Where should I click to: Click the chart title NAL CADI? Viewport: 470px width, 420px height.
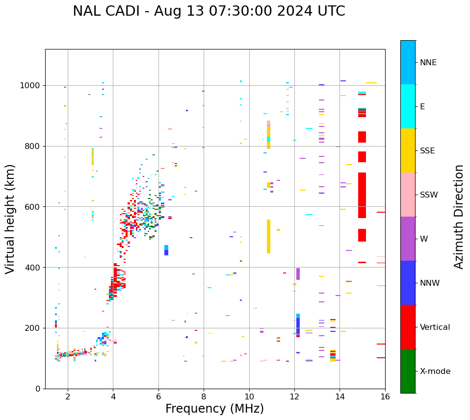click(x=209, y=11)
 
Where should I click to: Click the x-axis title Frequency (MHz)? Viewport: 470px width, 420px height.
click(x=214, y=409)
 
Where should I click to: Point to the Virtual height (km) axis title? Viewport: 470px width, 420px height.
click(x=10, y=219)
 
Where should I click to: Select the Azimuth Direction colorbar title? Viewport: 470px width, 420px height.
click(x=459, y=217)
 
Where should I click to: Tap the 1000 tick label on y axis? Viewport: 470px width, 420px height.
click(x=30, y=85)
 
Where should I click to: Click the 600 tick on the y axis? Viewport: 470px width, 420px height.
click(x=33, y=207)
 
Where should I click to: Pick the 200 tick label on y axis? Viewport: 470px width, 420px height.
click(x=33, y=328)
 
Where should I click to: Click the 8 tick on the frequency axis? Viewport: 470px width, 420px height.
click(x=204, y=396)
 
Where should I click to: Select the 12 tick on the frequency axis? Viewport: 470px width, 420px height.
click(x=294, y=396)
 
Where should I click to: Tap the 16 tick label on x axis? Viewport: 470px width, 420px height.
click(x=385, y=396)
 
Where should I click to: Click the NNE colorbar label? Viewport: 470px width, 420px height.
click(x=428, y=63)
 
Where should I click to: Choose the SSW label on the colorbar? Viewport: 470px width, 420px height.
click(x=429, y=195)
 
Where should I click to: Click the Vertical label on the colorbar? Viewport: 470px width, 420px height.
click(x=435, y=327)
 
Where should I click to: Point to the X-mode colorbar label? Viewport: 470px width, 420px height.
click(x=435, y=371)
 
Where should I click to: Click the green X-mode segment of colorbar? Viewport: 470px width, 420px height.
click(x=408, y=371)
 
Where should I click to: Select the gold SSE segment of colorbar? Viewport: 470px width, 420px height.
click(x=408, y=150)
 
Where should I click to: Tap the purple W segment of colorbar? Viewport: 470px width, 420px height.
click(x=408, y=239)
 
